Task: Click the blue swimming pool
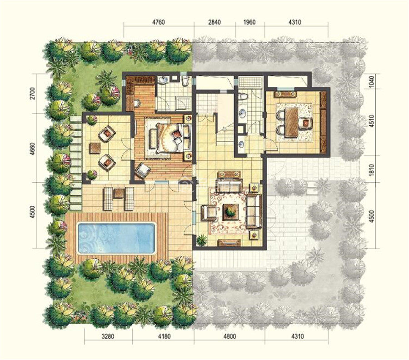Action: point(117,238)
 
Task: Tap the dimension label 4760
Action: point(158,22)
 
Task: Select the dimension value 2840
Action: point(214,22)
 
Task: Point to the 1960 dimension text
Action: point(249,22)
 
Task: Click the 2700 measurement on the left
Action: point(32,93)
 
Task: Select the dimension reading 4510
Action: point(372,121)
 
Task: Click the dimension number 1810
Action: point(372,170)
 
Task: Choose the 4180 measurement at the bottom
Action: point(164,336)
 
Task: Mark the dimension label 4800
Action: point(229,336)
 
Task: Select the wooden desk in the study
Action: point(291,122)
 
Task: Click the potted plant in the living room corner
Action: point(202,240)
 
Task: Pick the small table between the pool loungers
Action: point(119,194)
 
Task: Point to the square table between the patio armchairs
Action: point(95,148)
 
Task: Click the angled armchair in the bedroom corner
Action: point(142,170)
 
